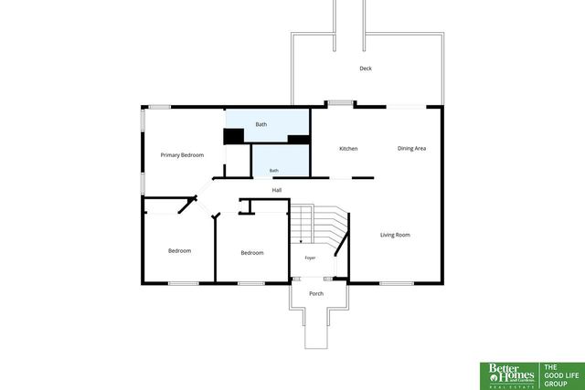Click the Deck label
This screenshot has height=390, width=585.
[366, 69]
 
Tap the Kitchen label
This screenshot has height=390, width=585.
[348, 148]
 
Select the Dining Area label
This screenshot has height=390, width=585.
[411, 148]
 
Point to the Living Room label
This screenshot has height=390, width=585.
[395, 235]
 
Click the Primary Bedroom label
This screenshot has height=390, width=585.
[182, 154]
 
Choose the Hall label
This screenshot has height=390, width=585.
[276, 190]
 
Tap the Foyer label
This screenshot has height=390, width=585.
[310, 258]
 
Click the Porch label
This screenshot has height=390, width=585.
[316, 294]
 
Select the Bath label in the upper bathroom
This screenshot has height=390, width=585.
[261, 124]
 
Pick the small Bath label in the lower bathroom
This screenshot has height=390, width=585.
[274, 171]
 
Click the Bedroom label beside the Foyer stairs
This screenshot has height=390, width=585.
[252, 253]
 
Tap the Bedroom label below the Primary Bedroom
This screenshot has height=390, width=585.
[179, 251]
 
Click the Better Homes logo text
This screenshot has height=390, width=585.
[512, 374]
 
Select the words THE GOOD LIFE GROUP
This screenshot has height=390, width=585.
[561, 375]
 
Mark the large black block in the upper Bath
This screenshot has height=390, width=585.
[234, 136]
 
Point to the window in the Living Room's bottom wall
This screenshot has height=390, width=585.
[397, 283]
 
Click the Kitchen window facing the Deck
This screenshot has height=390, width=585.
[340, 103]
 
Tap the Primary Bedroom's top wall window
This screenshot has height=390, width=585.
[160, 107]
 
